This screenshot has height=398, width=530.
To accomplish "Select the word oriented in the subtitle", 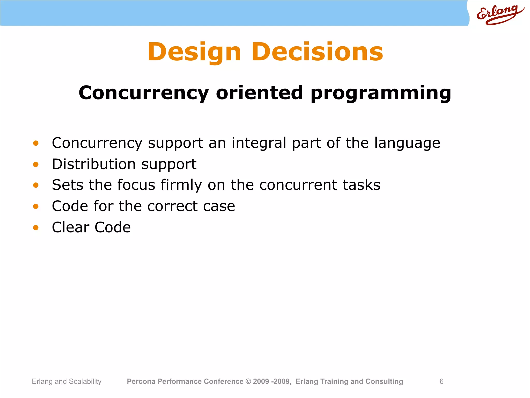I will [259, 93].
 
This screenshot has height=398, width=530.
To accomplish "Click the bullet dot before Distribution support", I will [36, 164].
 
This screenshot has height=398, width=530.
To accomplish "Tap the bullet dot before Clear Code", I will [36, 228].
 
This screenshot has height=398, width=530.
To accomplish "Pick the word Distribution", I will [94, 164].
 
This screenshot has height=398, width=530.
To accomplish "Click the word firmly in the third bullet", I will [181, 185].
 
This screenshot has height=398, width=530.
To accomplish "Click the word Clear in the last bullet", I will [70, 227].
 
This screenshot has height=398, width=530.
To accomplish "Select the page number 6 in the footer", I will [441, 381].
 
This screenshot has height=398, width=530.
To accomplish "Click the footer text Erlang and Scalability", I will [67, 381].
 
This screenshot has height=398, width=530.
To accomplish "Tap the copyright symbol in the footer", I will [248, 381].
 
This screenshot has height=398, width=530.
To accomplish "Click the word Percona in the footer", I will [141, 381].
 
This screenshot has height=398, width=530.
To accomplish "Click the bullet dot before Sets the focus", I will [36, 185].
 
